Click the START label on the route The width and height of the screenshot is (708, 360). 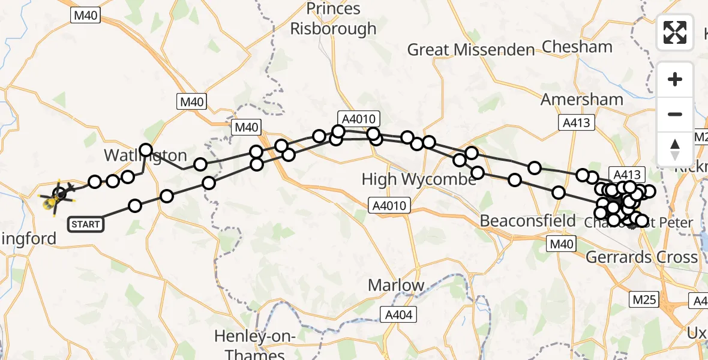(85, 224)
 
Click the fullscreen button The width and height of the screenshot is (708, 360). (674, 32)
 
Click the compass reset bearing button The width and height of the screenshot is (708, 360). (674, 149)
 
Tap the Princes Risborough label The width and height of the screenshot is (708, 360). (334, 19)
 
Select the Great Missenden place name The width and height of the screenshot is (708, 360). (470, 50)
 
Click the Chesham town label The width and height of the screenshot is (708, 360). (577, 46)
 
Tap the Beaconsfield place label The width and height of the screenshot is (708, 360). (528, 221)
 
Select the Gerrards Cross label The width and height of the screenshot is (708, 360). (641, 257)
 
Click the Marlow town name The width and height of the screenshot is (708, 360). (395, 285)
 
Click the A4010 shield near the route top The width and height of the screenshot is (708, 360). (359, 119)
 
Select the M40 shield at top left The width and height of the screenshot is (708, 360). (86, 16)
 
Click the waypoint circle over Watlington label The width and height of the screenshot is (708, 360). (146, 150)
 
